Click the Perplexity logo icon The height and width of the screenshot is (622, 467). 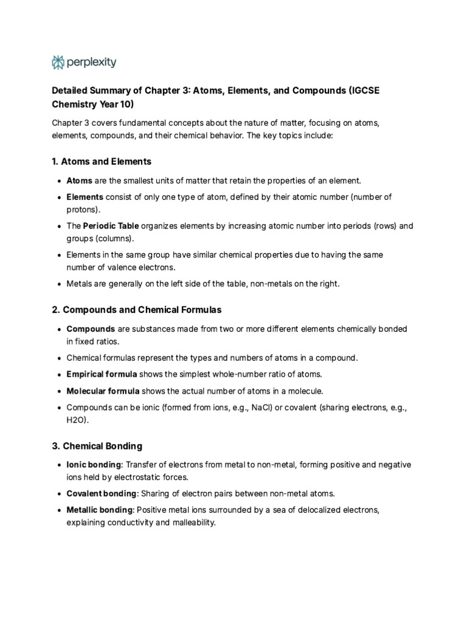click(58, 62)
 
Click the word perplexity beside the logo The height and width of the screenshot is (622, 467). click(92, 62)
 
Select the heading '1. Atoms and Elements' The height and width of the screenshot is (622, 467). click(102, 162)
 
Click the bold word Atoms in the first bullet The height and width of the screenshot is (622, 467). click(79, 180)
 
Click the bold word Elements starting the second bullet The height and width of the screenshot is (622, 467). click(85, 197)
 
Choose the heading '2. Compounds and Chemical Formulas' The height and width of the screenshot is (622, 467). click(137, 310)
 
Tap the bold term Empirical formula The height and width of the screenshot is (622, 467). click(102, 374)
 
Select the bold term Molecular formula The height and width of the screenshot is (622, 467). click(103, 391)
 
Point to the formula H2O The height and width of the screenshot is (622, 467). click(77, 420)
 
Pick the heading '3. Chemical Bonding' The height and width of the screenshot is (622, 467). click(97, 446)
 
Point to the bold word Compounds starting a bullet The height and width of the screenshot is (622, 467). click(91, 329)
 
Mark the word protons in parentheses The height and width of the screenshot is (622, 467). click(82, 209)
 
